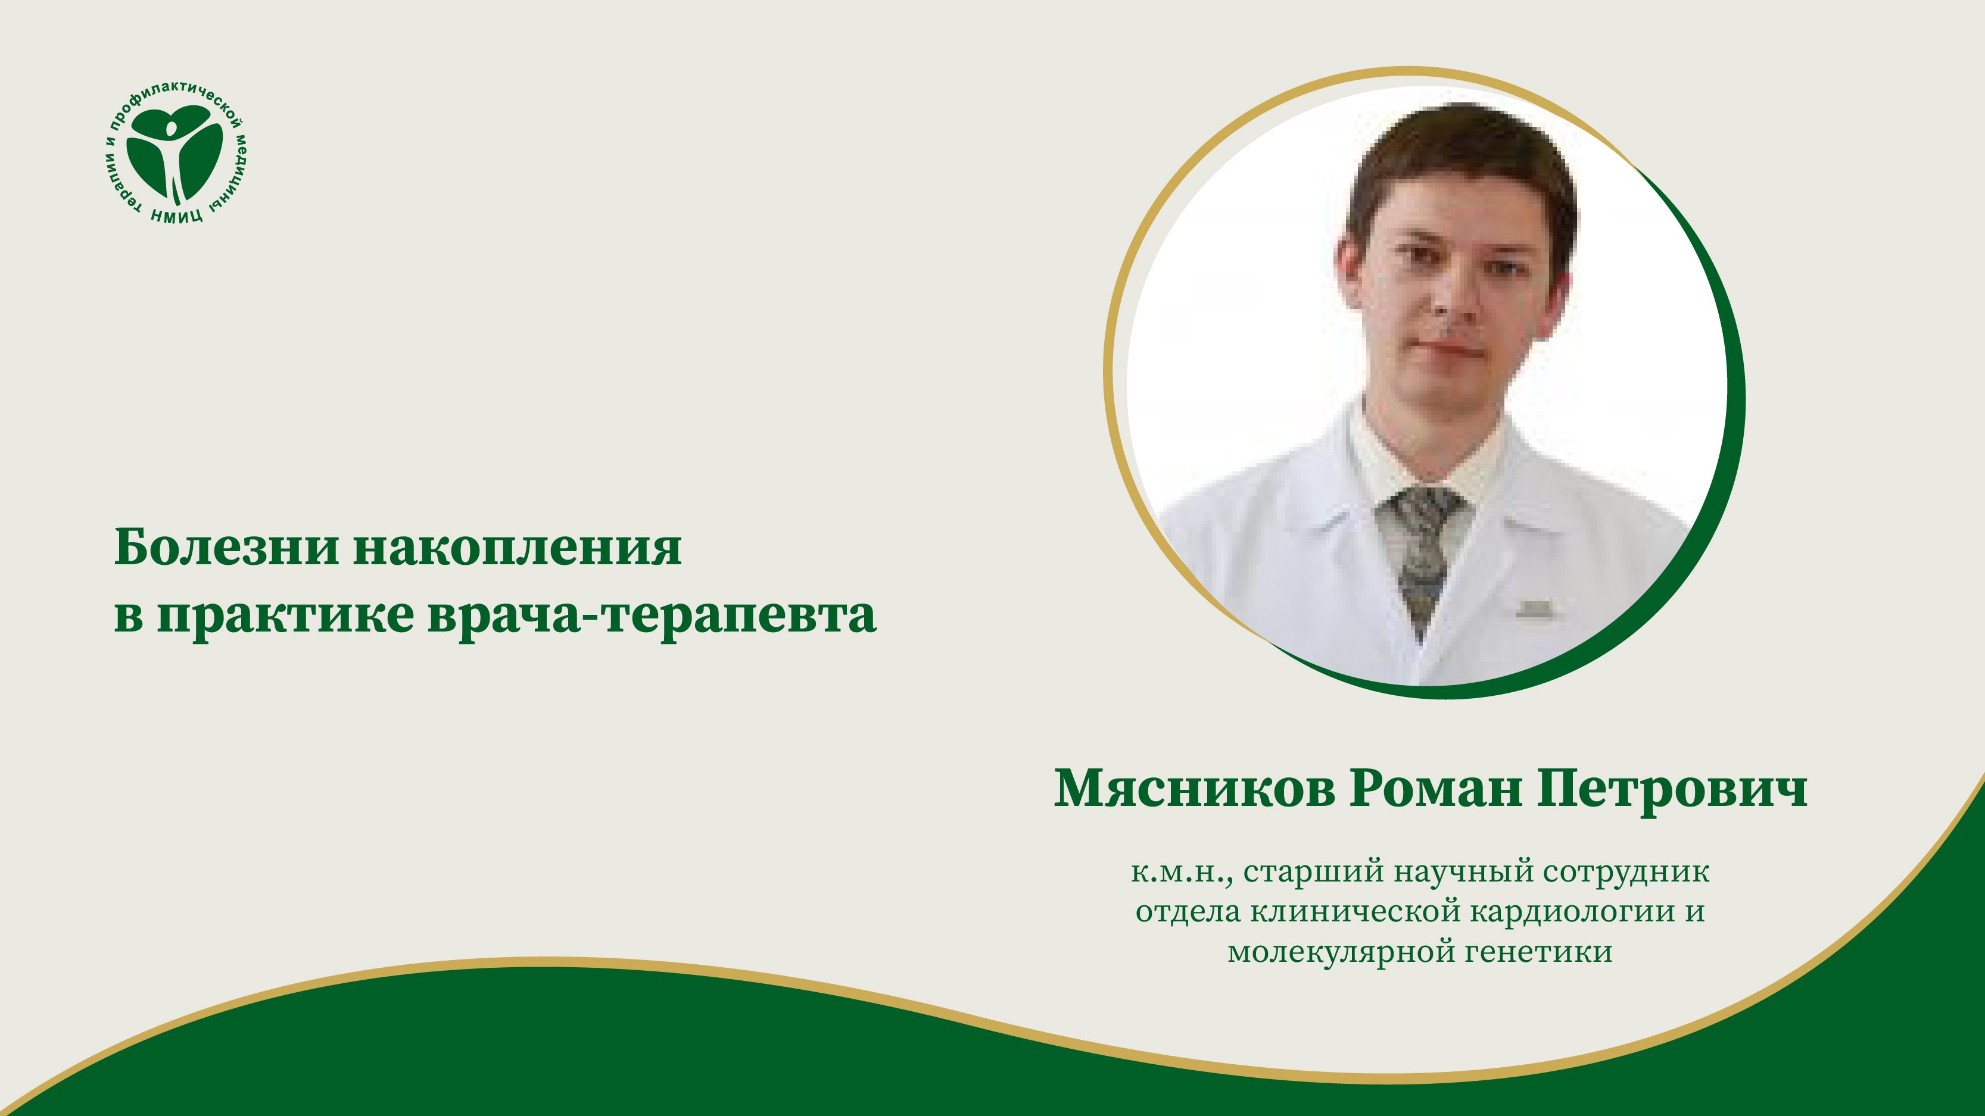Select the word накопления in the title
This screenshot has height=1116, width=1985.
pyautogui.click(x=517, y=548)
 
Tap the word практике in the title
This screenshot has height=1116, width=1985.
pyautogui.click(x=285, y=616)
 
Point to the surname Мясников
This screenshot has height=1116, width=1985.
pyautogui.click(x=1194, y=789)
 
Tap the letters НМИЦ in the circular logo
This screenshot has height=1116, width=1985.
pyautogui.click(x=177, y=215)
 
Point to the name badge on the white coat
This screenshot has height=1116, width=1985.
pyautogui.click(x=1534, y=608)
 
